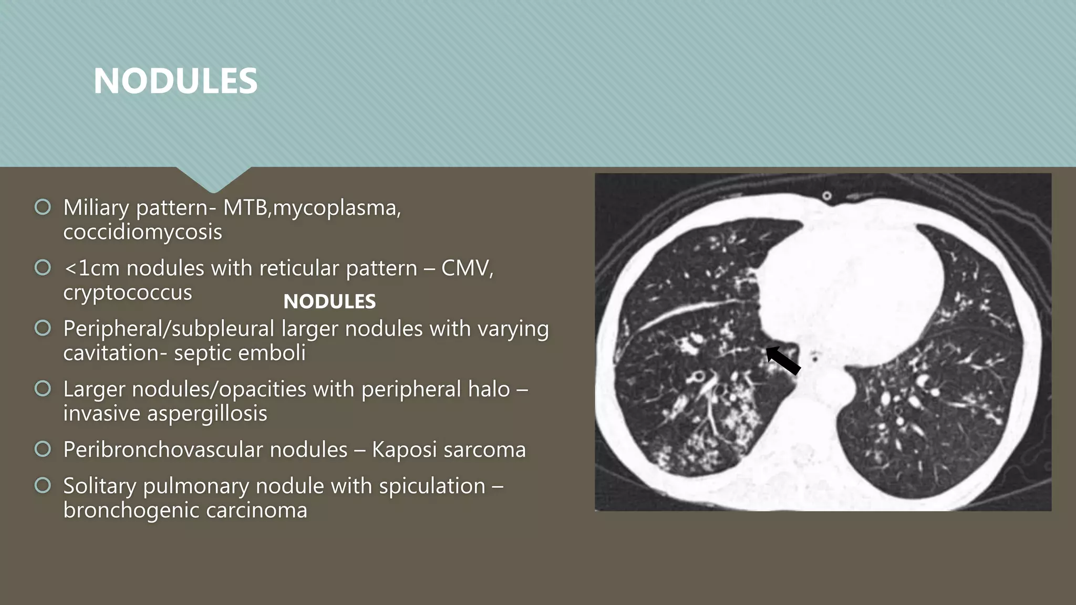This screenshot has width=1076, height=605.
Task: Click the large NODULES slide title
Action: pyautogui.click(x=175, y=81)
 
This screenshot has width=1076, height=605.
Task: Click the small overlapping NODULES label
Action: pyautogui.click(x=329, y=301)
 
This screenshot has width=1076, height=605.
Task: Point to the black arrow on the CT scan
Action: pyautogui.click(x=783, y=360)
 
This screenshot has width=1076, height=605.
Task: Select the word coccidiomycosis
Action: pyautogui.click(x=142, y=232)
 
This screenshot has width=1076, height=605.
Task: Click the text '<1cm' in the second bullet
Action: pyautogui.click(x=91, y=268)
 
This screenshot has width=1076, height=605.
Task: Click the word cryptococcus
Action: pyautogui.click(x=128, y=293)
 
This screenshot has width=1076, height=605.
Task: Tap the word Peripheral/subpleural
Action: pyautogui.click(x=169, y=329)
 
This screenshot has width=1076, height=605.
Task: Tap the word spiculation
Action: pyautogui.click(x=432, y=486)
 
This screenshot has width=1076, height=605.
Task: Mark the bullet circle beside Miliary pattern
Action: pyautogui.click(x=43, y=207)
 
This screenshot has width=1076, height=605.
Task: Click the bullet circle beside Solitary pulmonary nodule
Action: pyautogui.click(x=43, y=485)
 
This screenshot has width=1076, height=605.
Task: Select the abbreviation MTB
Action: pyautogui.click(x=246, y=208)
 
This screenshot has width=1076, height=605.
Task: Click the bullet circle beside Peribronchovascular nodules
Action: pyautogui.click(x=43, y=449)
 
